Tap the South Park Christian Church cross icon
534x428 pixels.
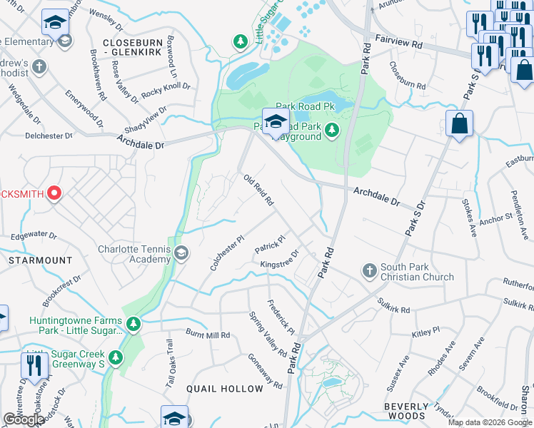[369, 270]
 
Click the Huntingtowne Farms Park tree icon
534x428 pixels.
[133, 325]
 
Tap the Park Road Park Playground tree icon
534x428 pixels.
[331, 130]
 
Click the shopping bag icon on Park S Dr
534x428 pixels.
[459, 123]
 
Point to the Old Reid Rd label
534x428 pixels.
[258, 190]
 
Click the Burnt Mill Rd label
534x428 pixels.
[208, 335]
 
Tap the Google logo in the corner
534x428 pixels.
[24, 419]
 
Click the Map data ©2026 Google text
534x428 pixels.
[489, 422]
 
